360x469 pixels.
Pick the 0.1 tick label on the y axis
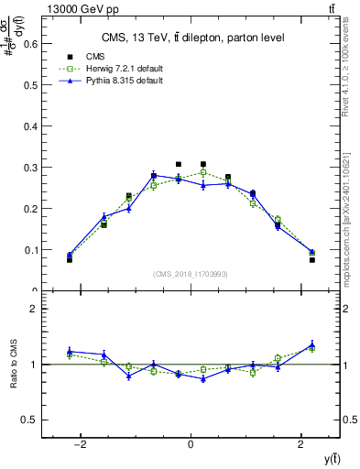click(x=30, y=249)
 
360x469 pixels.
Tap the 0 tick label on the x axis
click(x=191, y=444)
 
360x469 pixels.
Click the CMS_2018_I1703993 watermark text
click(x=191, y=273)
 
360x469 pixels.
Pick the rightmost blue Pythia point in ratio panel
click(x=312, y=344)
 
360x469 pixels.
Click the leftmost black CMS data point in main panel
click(x=70, y=260)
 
